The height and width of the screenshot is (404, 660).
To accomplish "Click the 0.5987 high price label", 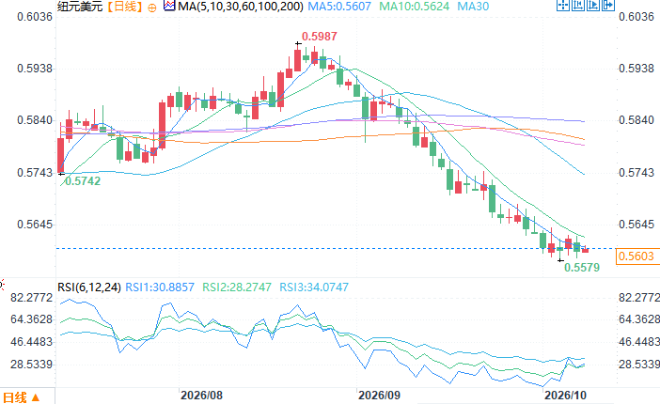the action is [x=319, y=37].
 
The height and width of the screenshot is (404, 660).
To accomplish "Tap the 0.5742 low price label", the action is [x=83, y=181].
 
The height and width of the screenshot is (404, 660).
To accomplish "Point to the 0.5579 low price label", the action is [x=582, y=267].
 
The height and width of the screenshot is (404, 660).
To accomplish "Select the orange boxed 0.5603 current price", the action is [x=636, y=256].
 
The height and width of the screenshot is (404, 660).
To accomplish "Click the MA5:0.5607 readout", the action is [x=339, y=7].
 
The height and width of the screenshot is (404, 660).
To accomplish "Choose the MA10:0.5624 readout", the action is [x=415, y=7].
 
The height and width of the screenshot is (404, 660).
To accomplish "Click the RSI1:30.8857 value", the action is [x=160, y=287].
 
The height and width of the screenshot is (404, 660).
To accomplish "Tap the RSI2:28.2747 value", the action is [x=237, y=287].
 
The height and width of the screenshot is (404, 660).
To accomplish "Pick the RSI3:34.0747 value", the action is [x=314, y=287].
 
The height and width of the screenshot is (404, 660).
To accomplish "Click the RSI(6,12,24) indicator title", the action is [x=89, y=287].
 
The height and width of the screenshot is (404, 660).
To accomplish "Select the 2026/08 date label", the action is [x=201, y=396].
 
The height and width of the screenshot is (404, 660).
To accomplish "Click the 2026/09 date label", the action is [x=379, y=396].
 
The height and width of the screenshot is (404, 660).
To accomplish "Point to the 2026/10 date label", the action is [x=565, y=396].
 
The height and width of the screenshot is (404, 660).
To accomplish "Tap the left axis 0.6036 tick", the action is [x=35, y=17].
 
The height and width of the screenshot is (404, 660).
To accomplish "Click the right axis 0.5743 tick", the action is [x=636, y=173].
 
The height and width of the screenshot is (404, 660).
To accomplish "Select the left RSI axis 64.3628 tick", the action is [x=32, y=319].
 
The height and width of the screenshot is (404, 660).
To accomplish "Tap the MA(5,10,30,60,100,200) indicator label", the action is [x=241, y=7].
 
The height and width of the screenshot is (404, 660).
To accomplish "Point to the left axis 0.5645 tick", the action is [x=35, y=225].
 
